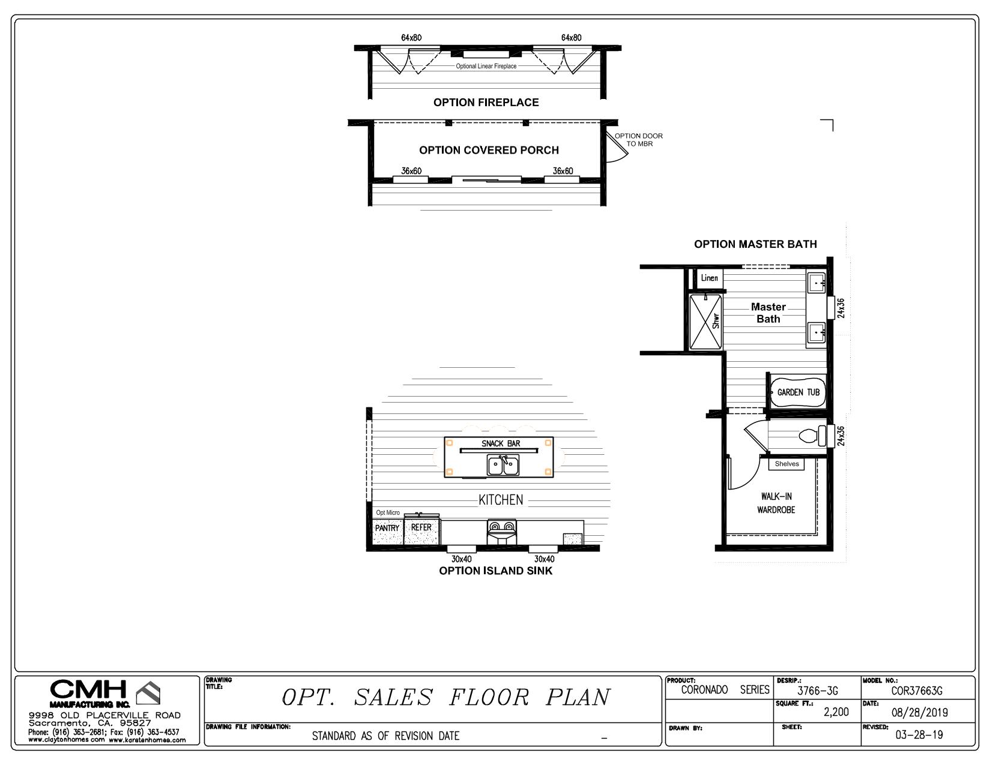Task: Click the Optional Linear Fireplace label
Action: pos(486,67)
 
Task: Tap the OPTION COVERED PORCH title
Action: pos(489,150)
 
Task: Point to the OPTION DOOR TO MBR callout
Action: pos(639,140)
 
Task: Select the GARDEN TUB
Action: pos(798,392)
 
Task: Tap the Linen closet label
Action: pos(710,278)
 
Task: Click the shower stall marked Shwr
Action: pos(705,322)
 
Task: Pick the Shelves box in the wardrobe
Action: pos(786,464)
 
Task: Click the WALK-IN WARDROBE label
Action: pos(776,503)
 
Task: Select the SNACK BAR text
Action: pos(501,444)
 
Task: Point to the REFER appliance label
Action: pos(421,527)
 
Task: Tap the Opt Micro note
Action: pos(388,513)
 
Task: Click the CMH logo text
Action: pos(88,690)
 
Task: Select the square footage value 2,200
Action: pos(836,712)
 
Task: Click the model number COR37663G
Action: pos(917,691)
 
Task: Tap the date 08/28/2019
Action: pos(919,713)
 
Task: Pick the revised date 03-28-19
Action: pos(919,735)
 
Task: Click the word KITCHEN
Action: pos(501,500)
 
